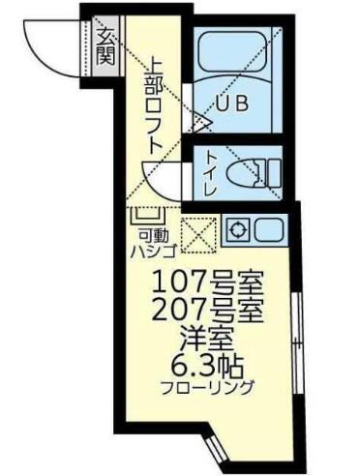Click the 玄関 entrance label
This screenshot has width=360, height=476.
tap(105, 46)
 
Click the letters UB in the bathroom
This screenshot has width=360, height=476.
tap(233, 104)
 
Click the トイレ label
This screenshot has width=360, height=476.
tap(211, 173)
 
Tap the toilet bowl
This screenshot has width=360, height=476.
tap(246, 173)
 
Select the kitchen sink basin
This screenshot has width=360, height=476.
tap(269, 229)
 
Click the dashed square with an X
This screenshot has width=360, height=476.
tap(198, 234)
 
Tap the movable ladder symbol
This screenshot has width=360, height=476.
tap(148, 216)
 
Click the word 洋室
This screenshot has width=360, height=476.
tap(207, 340)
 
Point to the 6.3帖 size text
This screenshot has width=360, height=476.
tap(207, 368)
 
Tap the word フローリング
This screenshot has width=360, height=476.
tap(207, 387)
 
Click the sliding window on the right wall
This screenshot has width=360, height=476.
tap(297, 343)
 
